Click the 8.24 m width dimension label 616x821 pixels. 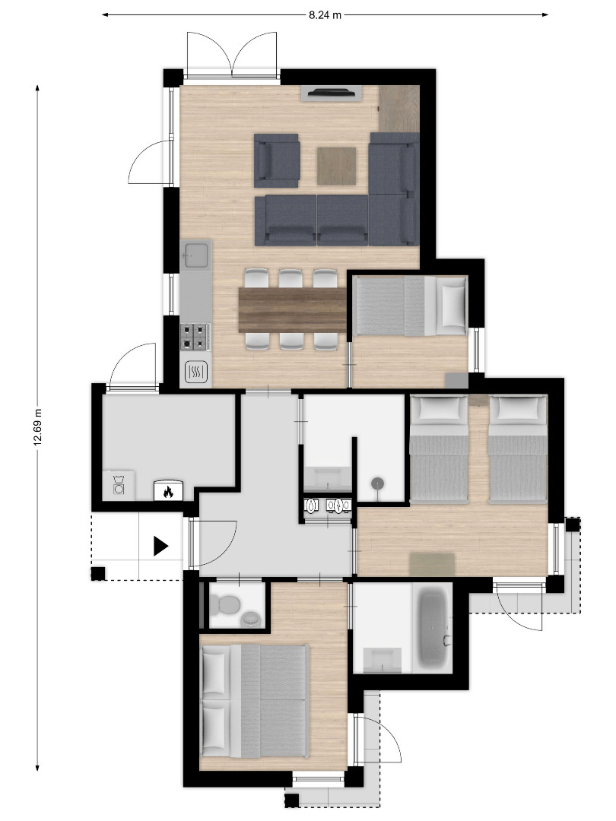[325, 15]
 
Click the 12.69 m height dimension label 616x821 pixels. [37, 427]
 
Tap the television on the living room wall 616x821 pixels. [332, 93]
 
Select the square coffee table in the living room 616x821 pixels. [336, 166]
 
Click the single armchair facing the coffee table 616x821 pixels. [277, 160]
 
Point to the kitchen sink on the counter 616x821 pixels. [195, 254]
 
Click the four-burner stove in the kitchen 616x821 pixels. [195, 337]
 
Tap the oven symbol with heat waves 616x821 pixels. [196, 372]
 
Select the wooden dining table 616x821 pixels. [292, 310]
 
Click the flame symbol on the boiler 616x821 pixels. [168, 492]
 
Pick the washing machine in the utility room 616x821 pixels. [119, 485]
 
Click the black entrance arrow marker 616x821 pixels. [160, 546]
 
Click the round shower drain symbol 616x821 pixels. [378, 483]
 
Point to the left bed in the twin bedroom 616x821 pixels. [439, 449]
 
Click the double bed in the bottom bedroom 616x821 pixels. [255, 702]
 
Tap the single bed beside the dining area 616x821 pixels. [410, 306]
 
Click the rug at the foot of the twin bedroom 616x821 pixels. [432, 563]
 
